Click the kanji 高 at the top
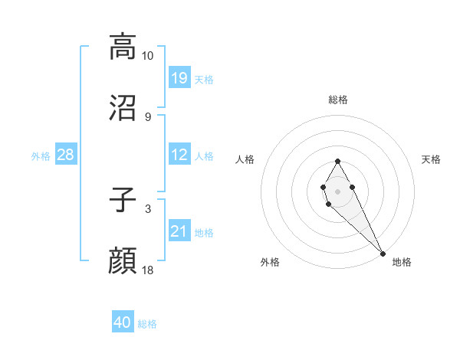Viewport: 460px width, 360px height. (123, 47)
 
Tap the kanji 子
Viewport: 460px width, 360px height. (123, 201)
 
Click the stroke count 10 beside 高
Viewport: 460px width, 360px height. (148, 56)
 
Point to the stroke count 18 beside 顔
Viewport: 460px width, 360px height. (148, 270)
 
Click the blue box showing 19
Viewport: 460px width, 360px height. (179, 78)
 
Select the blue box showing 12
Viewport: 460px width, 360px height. (179, 155)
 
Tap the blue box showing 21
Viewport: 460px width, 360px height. (179, 231)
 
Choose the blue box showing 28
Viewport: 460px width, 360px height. (66, 155)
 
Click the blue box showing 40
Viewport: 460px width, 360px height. (123, 322)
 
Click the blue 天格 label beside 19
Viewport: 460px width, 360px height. (204, 79)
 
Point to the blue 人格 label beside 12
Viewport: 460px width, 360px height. (204, 156)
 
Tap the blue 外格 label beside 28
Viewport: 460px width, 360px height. (41, 156)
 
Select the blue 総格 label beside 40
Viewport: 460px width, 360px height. (147, 324)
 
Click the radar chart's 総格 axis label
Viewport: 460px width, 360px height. (337, 100)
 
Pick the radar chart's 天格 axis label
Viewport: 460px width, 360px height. (432, 159)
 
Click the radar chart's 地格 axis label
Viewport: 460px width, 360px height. (402, 262)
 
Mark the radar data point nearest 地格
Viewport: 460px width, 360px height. (383, 253)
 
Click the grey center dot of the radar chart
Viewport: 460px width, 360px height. (337, 190)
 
